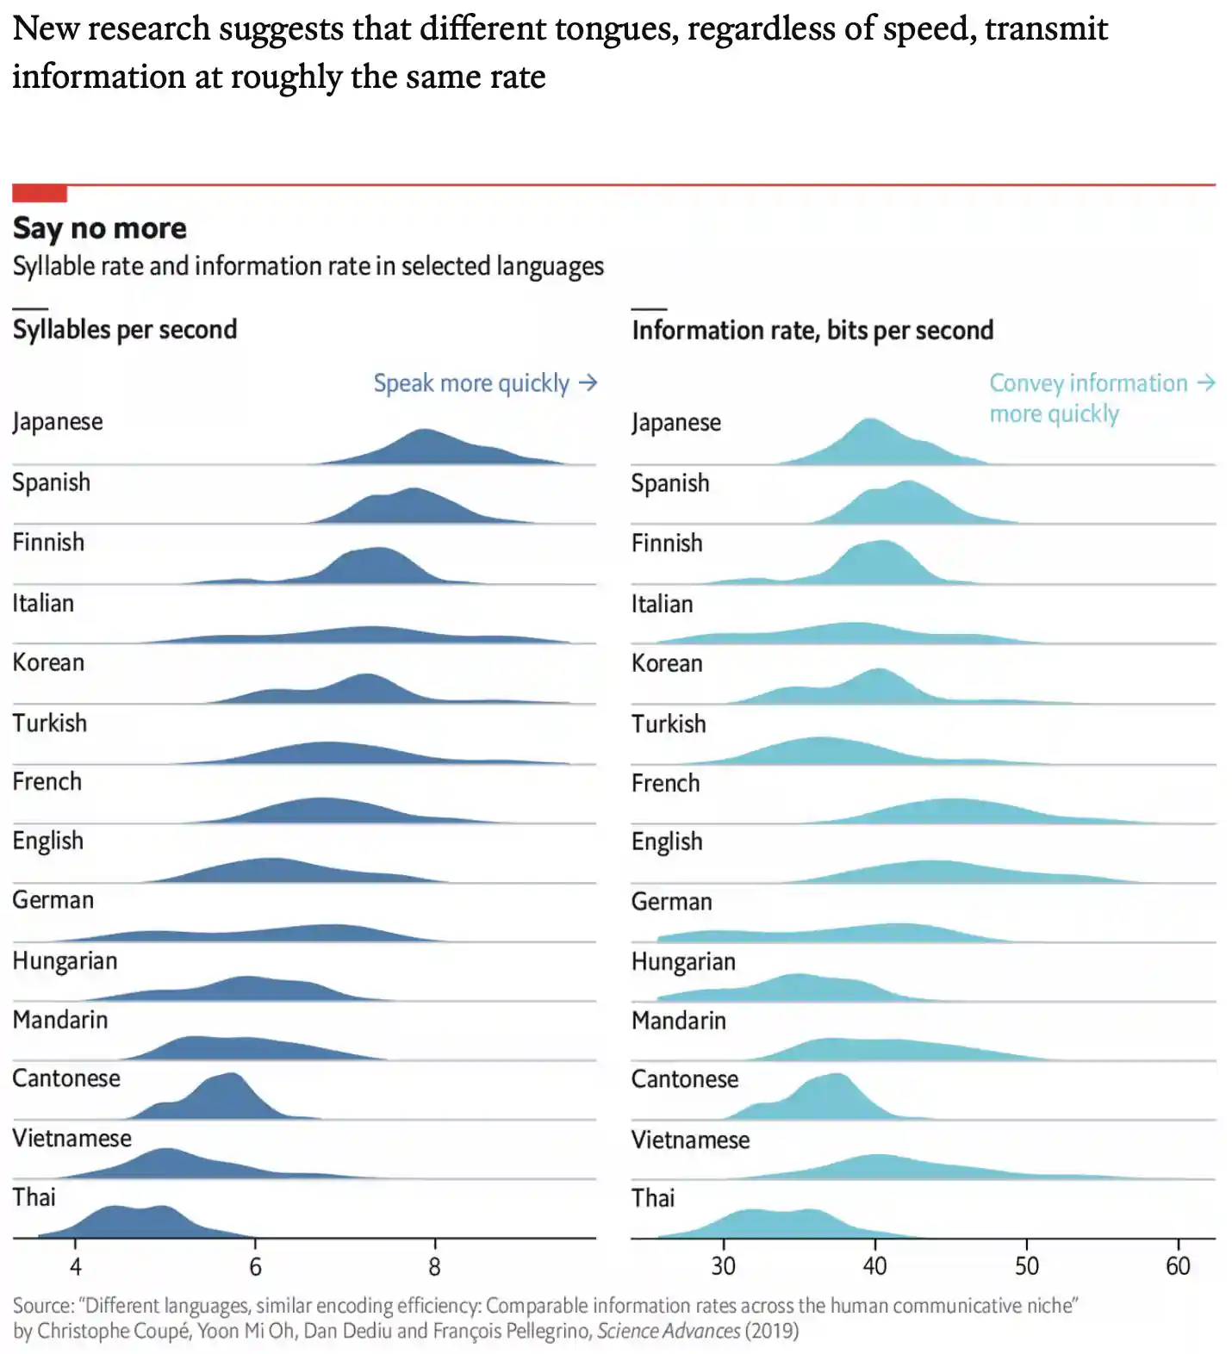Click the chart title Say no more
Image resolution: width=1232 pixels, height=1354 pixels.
(x=99, y=228)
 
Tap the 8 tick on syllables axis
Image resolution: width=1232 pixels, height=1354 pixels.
(x=434, y=1266)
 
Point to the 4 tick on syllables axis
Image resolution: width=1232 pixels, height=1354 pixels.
(x=76, y=1266)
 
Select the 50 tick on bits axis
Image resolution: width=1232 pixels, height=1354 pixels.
(x=1026, y=1265)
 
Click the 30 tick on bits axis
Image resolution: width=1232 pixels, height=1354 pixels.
(x=724, y=1265)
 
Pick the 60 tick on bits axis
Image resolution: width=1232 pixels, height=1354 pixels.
(x=1178, y=1265)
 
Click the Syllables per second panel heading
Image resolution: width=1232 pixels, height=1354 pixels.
(x=125, y=330)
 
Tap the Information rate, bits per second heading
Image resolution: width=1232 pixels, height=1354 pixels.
(x=812, y=331)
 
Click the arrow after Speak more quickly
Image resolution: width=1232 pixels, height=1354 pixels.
(x=588, y=382)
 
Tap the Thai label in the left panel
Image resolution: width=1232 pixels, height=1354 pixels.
(x=34, y=1197)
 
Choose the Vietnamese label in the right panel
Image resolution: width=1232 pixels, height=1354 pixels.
(x=690, y=1140)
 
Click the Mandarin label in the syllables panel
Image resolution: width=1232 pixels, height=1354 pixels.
(x=60, y=1020)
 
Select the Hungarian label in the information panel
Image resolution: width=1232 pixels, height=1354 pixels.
(x=683, y=961)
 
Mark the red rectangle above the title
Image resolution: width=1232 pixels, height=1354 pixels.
(x=40, y=193)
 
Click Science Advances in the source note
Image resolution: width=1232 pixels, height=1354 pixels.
(x=668, y=1331)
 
